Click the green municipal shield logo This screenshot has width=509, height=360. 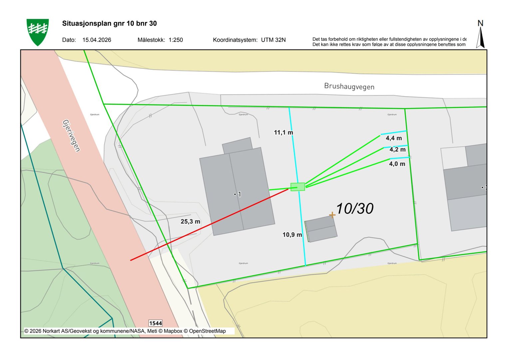coord(38,32)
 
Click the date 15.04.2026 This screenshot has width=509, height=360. coord(97,40)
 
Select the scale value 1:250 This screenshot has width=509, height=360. coord(176,40)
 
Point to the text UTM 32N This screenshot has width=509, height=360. coord(273,40)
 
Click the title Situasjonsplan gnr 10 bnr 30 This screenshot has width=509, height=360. coord(109,23)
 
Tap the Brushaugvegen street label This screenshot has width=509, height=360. coord(349,86)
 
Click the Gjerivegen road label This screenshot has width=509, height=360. coord(71,135)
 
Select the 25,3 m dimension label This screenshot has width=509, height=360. coord(190,221)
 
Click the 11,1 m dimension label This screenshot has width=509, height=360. coord(283,133)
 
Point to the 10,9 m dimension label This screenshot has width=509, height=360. coord(292,235)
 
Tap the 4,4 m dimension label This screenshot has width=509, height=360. coord(393,138)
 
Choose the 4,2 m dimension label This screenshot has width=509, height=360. coord(397,150)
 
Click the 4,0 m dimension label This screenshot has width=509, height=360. coord(397,164)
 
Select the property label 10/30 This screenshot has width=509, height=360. coord(354,209)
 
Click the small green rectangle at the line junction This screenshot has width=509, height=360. coord(297,187)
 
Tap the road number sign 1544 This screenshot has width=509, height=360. coord(155,323)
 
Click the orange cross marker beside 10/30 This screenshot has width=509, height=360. coord(332,215)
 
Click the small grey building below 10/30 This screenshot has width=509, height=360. coord(321,229)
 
